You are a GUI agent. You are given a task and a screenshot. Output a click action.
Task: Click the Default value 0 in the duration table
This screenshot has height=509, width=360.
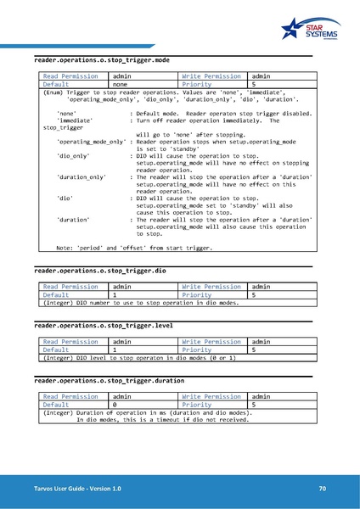tap(115, 405)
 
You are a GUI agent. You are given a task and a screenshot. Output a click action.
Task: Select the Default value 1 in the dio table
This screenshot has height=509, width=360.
tap(115, 294)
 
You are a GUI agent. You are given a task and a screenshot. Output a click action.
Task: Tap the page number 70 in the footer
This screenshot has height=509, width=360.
tap(322, 489)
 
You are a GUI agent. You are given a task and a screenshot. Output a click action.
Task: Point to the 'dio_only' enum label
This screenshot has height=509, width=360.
tap(73, 156)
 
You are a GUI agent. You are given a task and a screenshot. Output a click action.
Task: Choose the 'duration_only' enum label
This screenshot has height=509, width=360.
tap(81, 176)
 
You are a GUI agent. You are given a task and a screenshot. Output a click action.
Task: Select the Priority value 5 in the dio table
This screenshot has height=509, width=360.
tap(254, 294)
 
